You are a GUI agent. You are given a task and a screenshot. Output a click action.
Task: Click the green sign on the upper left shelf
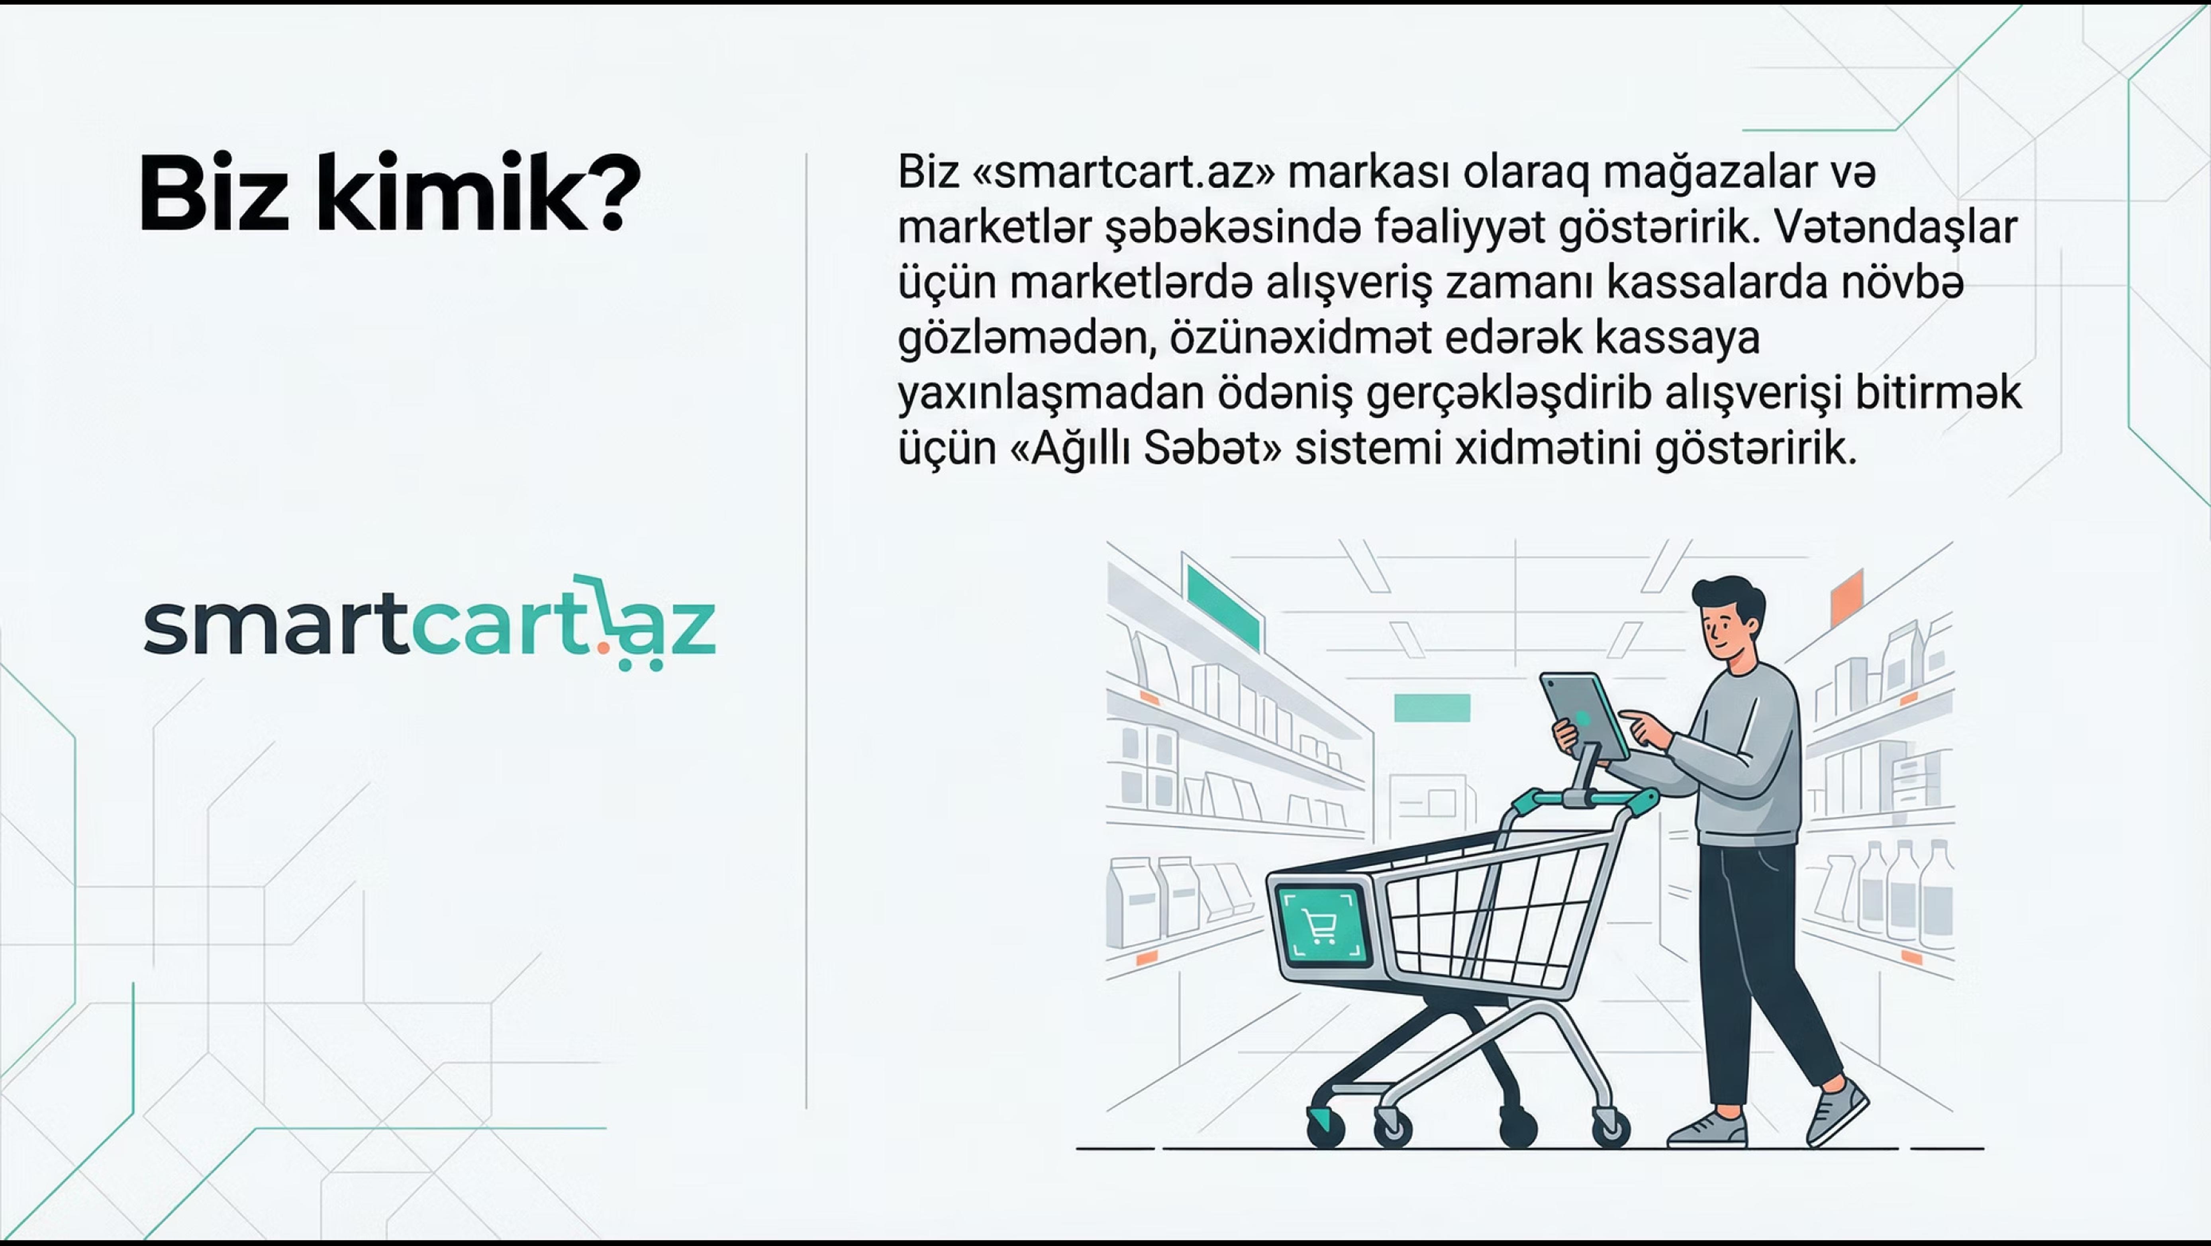click(x=1222, y=607)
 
